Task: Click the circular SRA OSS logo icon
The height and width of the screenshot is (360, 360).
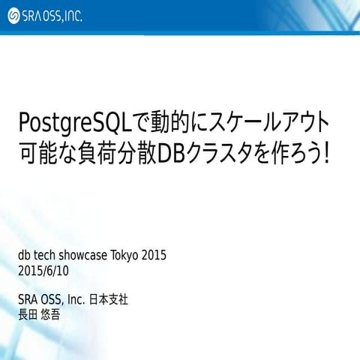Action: pos(13,16)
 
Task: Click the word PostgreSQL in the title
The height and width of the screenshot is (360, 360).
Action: pos(73,122)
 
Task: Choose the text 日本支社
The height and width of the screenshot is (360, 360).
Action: pos(109,299)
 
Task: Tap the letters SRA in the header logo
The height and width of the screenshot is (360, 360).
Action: pos(34,16)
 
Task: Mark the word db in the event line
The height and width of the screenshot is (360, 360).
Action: pos(24,255)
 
